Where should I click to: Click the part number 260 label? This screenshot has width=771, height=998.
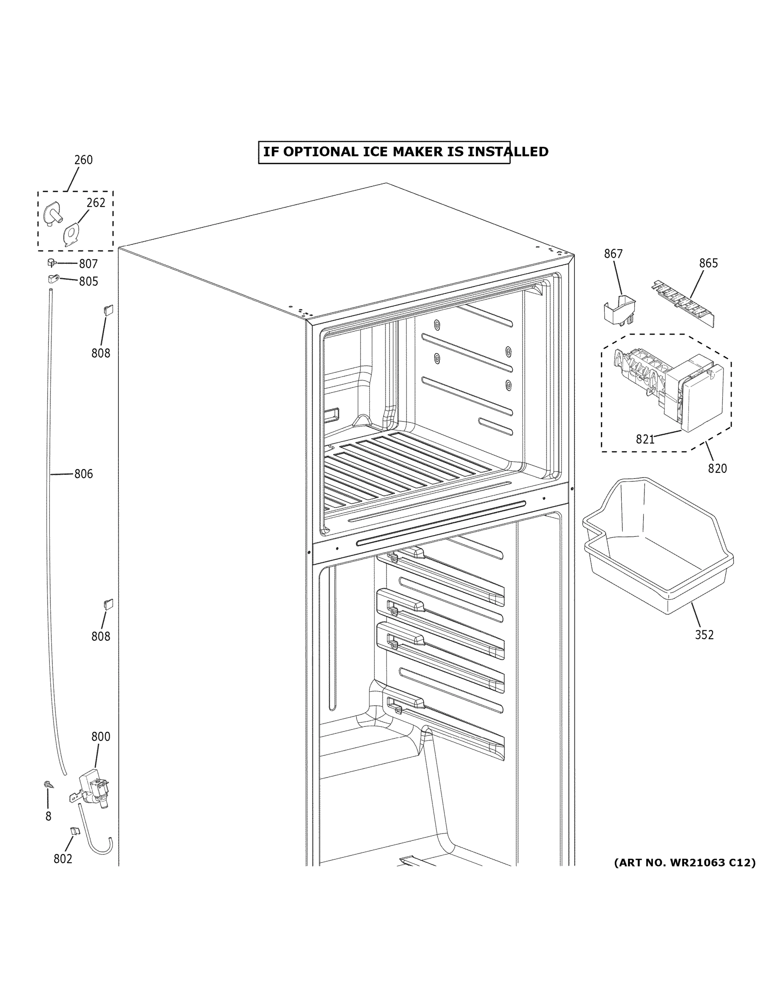pos(83,160)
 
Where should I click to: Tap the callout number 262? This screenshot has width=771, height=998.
pos(96,203)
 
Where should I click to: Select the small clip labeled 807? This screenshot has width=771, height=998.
pos(52,262)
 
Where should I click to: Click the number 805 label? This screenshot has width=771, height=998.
pos(88,281)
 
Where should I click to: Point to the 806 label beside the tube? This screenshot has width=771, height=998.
pos(84,474)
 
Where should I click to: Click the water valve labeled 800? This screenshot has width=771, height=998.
pos(93,789)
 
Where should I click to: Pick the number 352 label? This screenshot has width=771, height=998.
pos(704,635)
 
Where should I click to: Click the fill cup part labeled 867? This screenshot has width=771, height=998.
pos(619,309)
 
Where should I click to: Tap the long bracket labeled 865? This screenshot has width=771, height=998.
pos(682,304)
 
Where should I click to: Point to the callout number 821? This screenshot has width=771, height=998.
pos(645,439)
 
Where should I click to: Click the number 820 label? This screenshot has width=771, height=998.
pos(717,468)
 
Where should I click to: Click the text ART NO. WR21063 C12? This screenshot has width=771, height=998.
pos(684,863)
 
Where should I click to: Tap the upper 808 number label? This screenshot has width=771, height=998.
pos(101,353)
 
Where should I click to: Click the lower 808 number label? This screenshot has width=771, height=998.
pos(101,637)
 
